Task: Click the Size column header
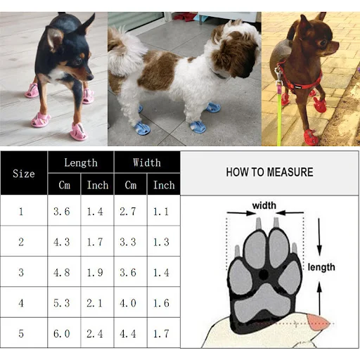tap(24, 174)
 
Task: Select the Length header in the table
tap(81, 162)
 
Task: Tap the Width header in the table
tap(147, 162)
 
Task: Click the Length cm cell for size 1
tap(62, 212)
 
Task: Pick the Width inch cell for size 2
tap(161, 242)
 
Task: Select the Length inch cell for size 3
tap(95, 272)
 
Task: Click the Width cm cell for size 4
tap(128, 303)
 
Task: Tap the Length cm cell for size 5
tap(62, 333)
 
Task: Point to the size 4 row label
tap(21, 303)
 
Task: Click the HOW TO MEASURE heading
tap(269, 172)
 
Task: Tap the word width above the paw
tap(264, 205)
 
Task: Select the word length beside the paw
tap(321, 267)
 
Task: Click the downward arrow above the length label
tap(319, 237)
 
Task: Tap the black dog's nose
tap(91, 77)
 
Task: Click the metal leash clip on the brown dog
tap(278, 75)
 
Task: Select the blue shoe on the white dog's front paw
tap(198, 127)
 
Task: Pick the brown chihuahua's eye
tap(323, 43)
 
